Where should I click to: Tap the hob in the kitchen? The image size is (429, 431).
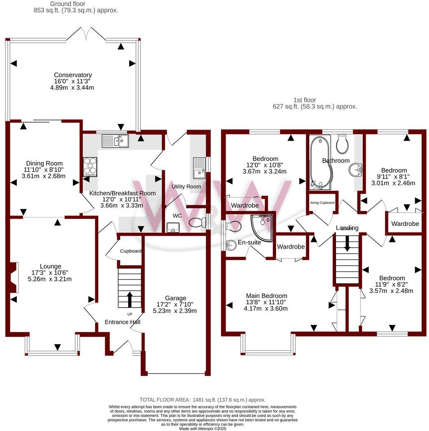(90, 167)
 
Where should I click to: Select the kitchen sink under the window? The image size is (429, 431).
(115, 141)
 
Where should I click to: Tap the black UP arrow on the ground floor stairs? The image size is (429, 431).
(130, 299)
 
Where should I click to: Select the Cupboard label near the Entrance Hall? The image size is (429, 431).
(131, 251)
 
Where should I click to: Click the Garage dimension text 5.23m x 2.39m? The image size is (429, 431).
(175, 311)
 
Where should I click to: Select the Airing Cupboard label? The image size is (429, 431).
(322, 203)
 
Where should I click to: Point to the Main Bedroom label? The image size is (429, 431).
(266, 296)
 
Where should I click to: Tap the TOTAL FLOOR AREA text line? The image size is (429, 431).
(203, 399)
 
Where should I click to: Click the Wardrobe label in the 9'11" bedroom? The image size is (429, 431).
(405, 224)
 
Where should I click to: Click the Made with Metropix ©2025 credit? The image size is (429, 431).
(203, 429)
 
